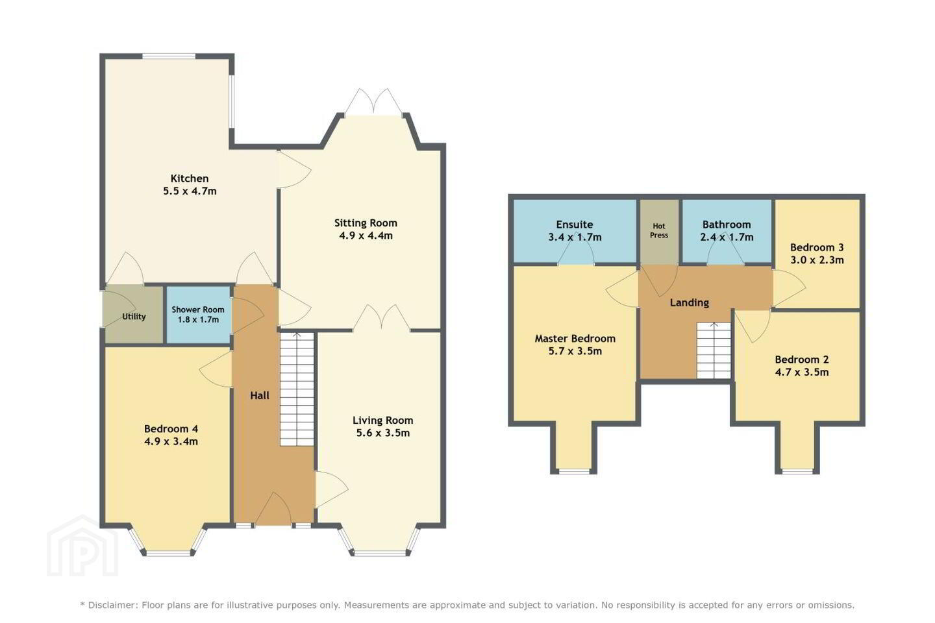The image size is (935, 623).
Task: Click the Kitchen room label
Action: (190, 178)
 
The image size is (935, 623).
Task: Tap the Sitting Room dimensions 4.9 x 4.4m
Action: (366, 236)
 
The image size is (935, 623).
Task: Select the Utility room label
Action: (134, 317)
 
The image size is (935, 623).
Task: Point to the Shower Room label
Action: (198, 310)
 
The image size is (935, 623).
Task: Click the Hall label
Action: (260, 396)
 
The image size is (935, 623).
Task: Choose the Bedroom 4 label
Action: (171, 429)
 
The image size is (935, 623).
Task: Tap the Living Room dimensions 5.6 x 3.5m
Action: (383, 433)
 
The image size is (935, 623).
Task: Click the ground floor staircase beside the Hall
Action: (297, 389)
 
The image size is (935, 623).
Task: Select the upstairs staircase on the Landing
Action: (714, 350)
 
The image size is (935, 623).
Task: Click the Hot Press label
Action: (659, 231)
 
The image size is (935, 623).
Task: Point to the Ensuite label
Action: (575, 225)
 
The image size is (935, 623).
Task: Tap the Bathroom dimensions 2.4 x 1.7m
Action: (727, 238)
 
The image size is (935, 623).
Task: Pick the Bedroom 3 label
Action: (817, 247)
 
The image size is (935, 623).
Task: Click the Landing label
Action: (690, 302)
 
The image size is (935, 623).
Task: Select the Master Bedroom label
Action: (575, 338)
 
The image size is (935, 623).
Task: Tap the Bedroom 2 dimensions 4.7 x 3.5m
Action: (802, 373)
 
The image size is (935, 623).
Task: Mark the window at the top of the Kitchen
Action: (169, 56)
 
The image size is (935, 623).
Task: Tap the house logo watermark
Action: (82, 546)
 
